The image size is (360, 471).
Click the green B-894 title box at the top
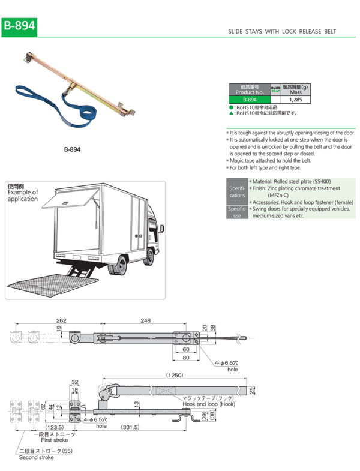tap(19, 26)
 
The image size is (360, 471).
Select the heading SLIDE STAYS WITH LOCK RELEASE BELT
tap(283, 31)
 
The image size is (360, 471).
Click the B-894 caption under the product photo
tap(72, 149)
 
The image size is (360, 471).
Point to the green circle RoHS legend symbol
tap(231, 106)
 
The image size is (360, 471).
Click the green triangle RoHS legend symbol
tap(231, 112)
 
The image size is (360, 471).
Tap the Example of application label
tap(22, 195)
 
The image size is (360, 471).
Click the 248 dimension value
tap(147, 320)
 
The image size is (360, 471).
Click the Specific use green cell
tap(236, 212)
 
